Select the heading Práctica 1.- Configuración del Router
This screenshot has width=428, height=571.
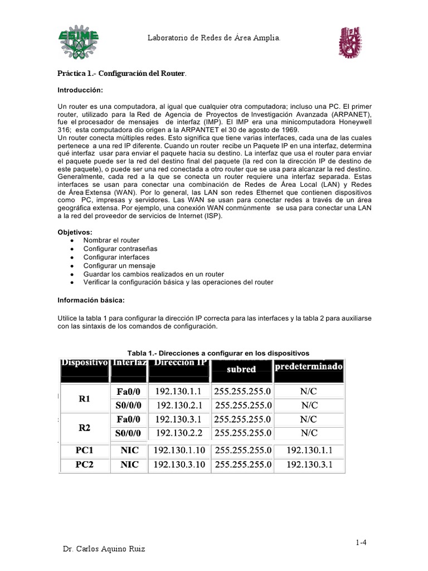[123, 74]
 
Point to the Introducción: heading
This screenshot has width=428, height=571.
[81, 90]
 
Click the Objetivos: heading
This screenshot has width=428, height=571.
[75, 231]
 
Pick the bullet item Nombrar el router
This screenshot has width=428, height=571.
[111, 240]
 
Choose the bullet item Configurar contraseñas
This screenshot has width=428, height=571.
[120, 249]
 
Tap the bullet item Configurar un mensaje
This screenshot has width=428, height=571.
[119, 266]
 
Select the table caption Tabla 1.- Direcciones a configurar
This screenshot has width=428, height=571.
[218, 353]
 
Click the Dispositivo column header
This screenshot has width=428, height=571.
[84, 364]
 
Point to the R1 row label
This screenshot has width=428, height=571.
[84, 399]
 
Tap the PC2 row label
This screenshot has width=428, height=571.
[84, 464]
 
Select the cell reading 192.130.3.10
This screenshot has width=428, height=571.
[178, 464]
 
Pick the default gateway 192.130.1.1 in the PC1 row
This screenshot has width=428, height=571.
[308, 449]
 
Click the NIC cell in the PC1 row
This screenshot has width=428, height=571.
[129, 449]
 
